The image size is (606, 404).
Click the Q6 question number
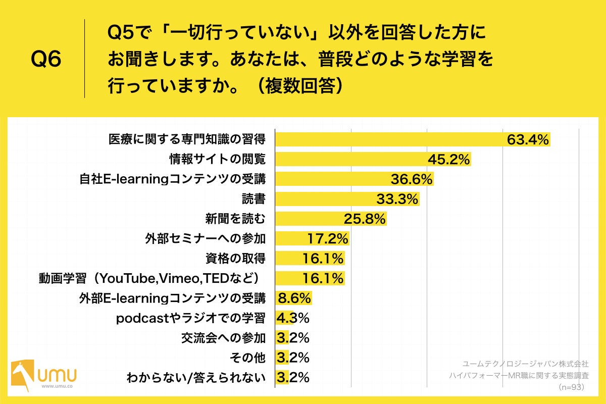(x=46, y=60)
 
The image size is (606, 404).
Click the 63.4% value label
(x=528, y=140)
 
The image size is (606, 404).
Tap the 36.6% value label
(x=412, y=179)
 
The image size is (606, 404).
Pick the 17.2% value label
(x=328, y=238)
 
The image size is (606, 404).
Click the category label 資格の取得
(x=235, y=259)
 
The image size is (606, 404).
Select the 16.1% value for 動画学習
(x=323, y=278)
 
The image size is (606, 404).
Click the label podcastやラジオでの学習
(x=190, y=318)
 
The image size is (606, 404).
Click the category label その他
(x=247, y=358)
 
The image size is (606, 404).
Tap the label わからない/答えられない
(x=196, y=378)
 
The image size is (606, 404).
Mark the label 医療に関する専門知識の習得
(x=187, y=140)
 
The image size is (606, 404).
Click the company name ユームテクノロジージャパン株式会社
(x=525, y=363)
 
